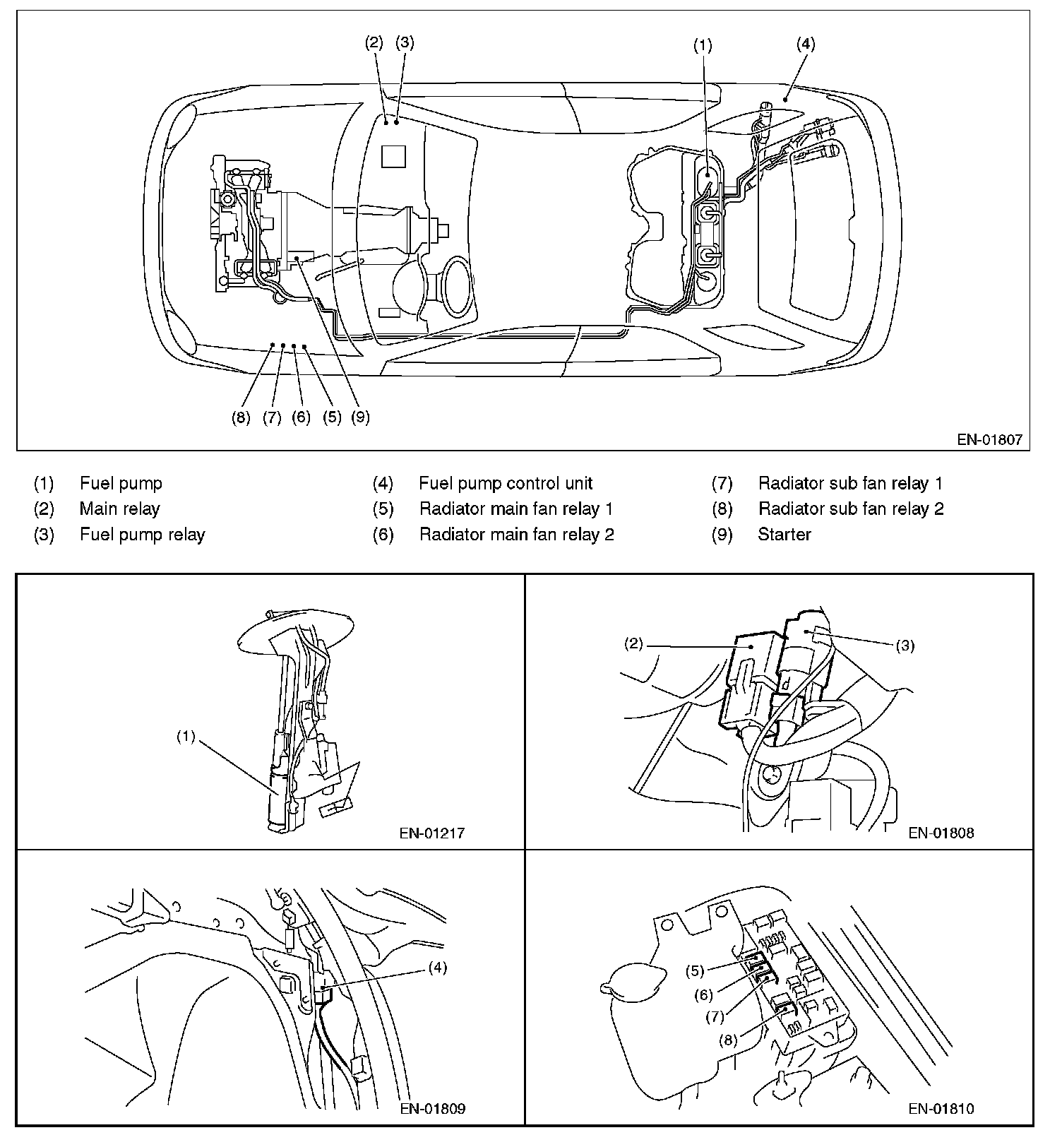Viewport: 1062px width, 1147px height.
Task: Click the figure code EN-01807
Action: click(x=989, y=439)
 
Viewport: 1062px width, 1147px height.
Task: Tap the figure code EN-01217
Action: click(x=432, y=833)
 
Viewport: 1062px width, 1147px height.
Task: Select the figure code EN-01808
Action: click(x=941, y=833)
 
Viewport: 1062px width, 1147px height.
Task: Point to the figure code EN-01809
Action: click(x=432, y=1108)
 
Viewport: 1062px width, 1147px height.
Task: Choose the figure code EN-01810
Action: click(x=941, y=1108)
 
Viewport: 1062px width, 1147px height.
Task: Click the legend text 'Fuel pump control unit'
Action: click(x=506, y=484)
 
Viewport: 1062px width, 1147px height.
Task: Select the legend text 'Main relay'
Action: click(x=120, y=509)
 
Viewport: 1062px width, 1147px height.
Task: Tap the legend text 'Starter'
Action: click(x=784, y=535)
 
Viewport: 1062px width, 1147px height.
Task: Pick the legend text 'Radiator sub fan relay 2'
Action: click(x=851, y=509)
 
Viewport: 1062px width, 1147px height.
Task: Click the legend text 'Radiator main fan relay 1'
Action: click(x=516, y=509)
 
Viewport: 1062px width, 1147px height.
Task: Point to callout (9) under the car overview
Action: click(x=360, y=417)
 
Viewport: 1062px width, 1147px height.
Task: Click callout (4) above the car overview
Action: click(x=806, y=44)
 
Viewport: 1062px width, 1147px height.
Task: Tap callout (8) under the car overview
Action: click(x=241, y=417)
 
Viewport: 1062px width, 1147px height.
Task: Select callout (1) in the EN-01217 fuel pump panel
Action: click(x=186, y=737)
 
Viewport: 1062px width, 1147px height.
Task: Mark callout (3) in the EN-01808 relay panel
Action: click(x=905, y=645)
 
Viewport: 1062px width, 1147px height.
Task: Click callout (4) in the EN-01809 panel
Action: click(x=437, y=968)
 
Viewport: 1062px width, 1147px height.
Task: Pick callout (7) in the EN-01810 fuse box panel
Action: click(x=715, y=1016)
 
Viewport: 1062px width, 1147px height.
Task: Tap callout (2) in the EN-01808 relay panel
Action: click(x=633, y=643)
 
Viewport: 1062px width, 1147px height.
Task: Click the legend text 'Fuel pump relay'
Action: click(x=142, y=535)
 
